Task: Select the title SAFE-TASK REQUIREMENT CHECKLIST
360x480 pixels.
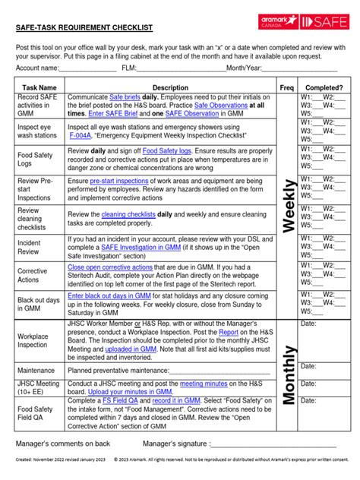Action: (84, 27)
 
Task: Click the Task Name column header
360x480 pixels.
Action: (39, 88)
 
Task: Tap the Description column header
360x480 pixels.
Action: (170, 88)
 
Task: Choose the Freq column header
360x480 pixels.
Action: (287, 88)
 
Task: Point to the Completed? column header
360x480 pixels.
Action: (324, 88)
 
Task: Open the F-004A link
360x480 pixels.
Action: (80, 135)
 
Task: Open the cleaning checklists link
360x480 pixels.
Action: (125, 215)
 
